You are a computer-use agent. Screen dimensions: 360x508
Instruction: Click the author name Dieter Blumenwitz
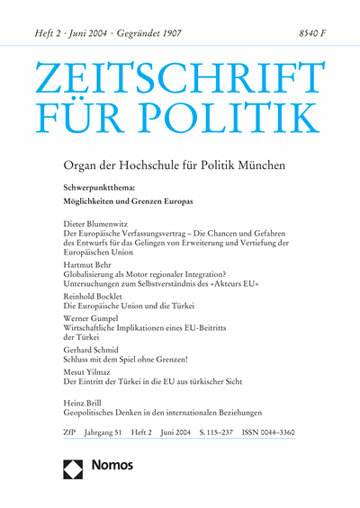coord(109,221)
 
